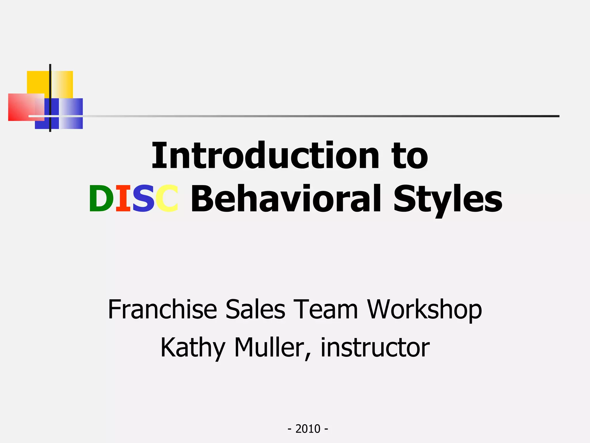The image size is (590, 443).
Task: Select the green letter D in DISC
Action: [101, 199]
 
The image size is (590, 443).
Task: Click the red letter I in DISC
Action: [123, 199]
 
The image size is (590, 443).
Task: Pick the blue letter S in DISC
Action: [143, 199]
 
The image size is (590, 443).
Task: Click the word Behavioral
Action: [288, 199]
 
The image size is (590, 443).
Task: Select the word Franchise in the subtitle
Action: [162, 309]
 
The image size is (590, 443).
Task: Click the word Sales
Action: [255, 309]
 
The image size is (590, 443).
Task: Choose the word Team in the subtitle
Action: [326, 309]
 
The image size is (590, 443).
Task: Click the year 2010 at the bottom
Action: [308, 429]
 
